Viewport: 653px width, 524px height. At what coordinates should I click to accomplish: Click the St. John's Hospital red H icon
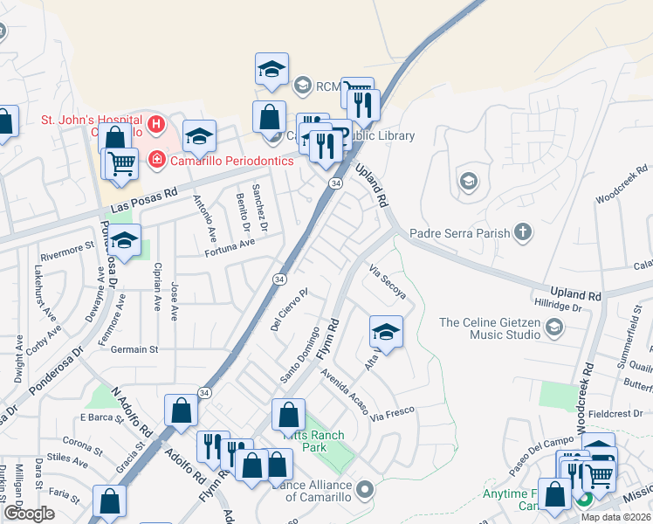(157, 124)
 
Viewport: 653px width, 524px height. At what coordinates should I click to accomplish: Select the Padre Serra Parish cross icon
(522, 232)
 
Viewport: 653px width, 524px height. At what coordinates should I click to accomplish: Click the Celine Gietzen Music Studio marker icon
(553, 328)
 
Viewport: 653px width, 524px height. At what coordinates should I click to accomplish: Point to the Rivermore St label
(67, 252)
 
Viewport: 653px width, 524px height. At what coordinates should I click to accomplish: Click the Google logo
(29, 514)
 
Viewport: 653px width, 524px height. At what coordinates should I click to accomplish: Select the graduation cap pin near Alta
(386, 331)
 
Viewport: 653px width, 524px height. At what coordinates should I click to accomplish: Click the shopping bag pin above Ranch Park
(288, 415)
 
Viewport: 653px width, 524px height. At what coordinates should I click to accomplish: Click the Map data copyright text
(615, 517)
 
